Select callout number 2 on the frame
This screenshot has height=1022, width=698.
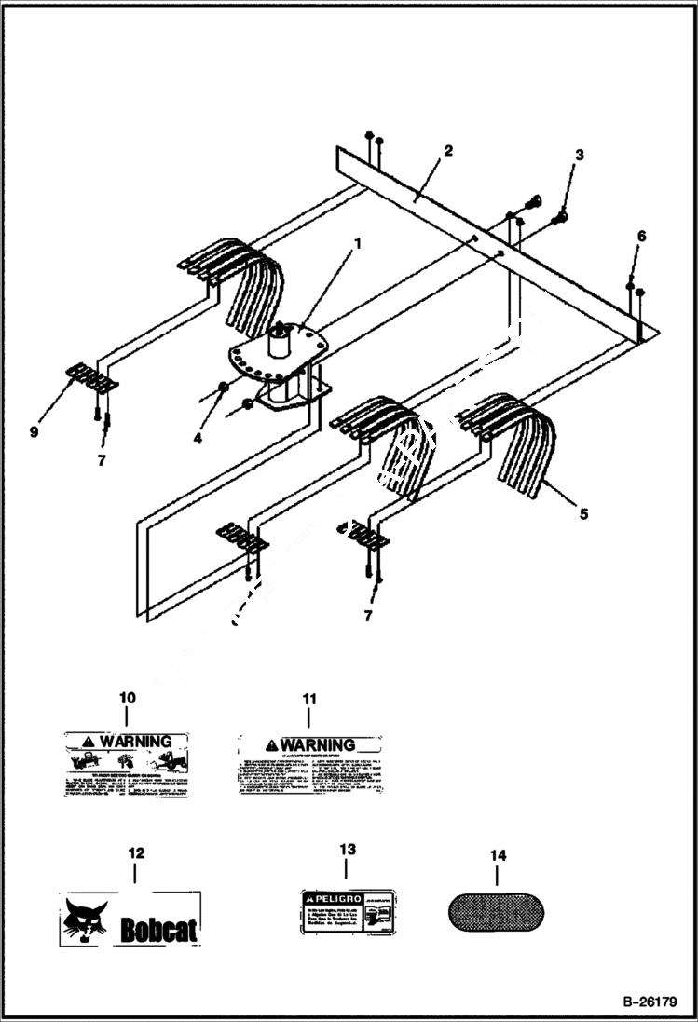[x=447, y=150]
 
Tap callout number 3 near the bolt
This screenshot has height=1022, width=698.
[x=579, y=155]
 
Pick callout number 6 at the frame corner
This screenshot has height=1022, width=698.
[x=640, y=237]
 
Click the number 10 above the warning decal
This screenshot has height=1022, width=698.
[x=128, y=697]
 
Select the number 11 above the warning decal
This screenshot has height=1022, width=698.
[x=308, y=698]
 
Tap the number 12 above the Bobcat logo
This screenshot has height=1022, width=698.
[x=136, y=852]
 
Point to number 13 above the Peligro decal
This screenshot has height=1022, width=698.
[x=347, y=850]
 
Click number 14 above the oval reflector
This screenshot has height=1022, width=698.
[x=496, y=853]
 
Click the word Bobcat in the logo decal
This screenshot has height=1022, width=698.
[x=158, y=928]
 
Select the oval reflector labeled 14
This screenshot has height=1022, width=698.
[x=496, y=912]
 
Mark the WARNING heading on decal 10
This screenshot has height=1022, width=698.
[x=135, y=742]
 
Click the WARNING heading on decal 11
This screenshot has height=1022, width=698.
[x=317, y=744]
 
